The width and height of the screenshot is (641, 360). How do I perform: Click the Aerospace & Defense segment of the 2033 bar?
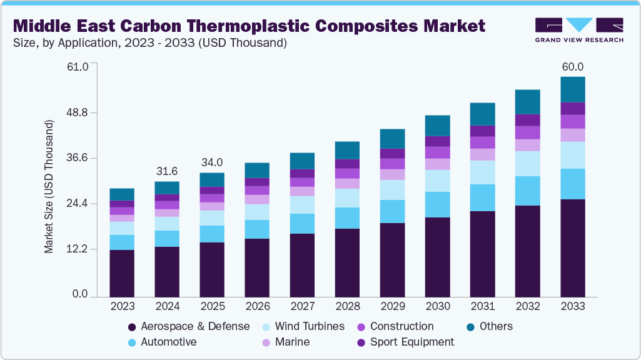tap(572, 247)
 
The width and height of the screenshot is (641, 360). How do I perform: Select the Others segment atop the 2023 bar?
tap(122, 194)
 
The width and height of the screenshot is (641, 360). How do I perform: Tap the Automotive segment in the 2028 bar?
tap(347, 217)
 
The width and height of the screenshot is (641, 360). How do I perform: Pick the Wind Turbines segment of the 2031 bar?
tap(482, 172)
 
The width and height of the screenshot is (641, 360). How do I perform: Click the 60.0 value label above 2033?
tap(572, 67)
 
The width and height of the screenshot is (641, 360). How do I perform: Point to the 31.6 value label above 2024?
tap(167, 171)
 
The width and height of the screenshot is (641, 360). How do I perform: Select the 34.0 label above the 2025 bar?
tap(212, 162)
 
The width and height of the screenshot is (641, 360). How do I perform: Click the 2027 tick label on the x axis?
tap(302, 306)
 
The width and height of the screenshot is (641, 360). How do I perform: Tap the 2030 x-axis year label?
tap(437, 306)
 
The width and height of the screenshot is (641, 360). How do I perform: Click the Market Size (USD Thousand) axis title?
tap(49, 186)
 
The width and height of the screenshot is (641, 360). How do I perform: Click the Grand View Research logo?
tap(579, 29)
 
